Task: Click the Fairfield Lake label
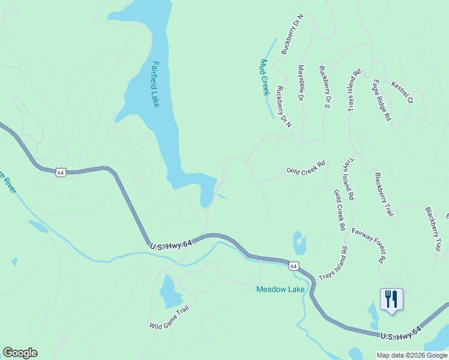[x=155, y=84]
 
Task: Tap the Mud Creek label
[x=264, y=77]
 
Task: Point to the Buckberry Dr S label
[x=325, y=87]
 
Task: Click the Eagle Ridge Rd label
[x=381, y=100]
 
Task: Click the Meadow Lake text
[x=280, y=289]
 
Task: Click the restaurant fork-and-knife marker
[x=391, y=299]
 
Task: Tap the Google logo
[x=20, y=353]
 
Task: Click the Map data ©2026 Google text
[x=412, y=355]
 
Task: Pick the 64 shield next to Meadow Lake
[x=292, y=265]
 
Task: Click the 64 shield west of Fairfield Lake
[x=60, y=172]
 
